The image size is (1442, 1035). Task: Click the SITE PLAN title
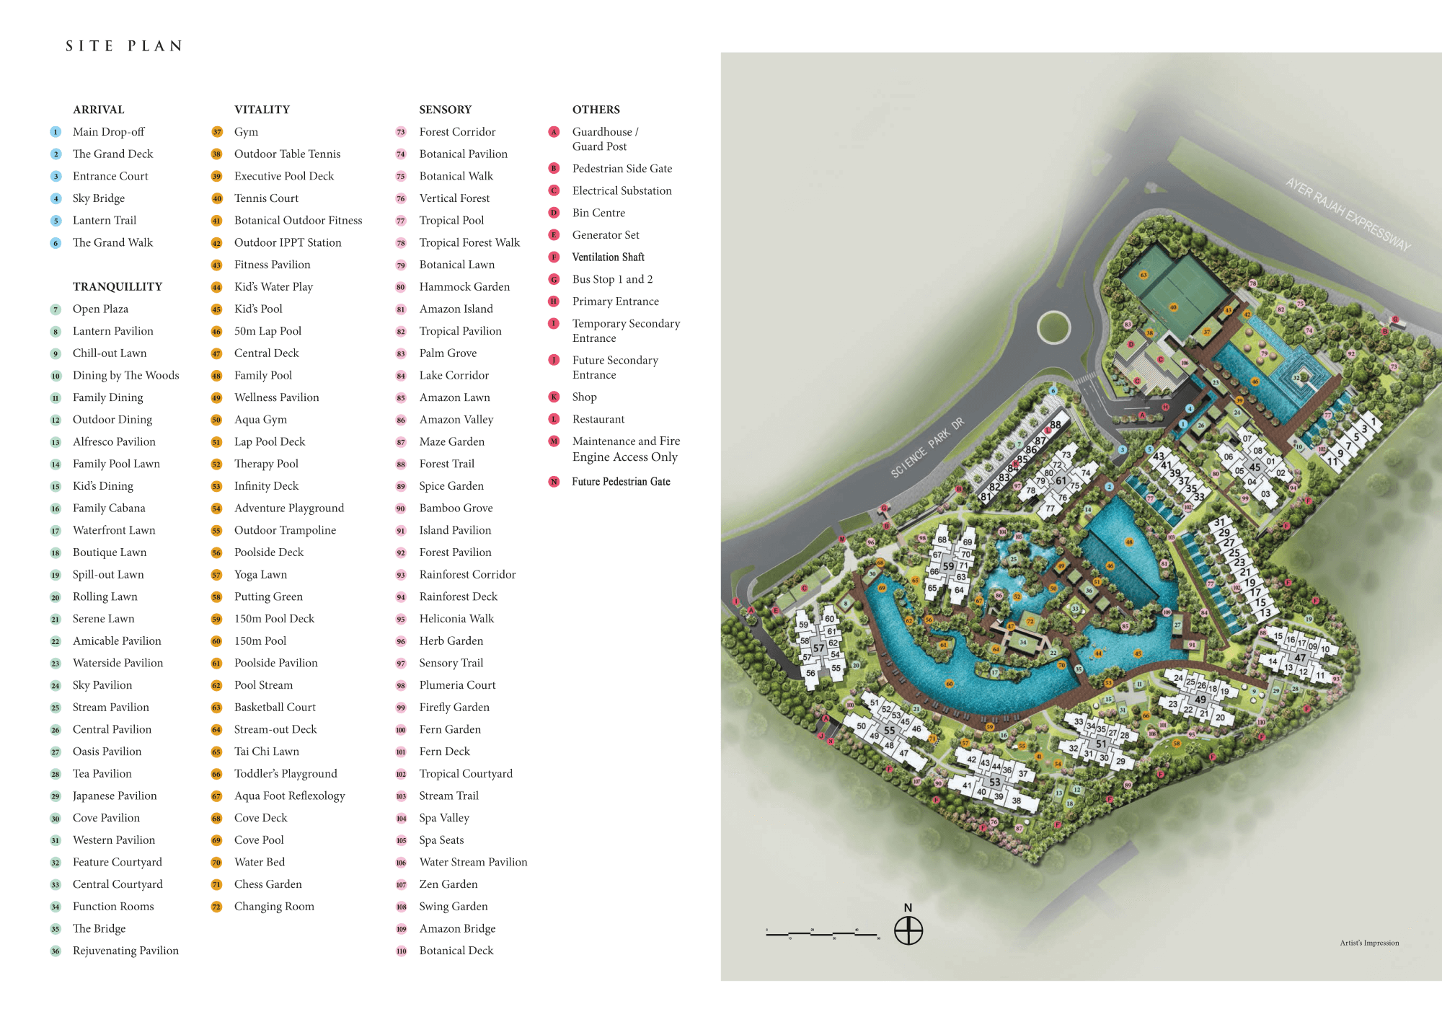(x=124, y=46)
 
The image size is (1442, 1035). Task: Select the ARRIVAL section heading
(x=99, y=110)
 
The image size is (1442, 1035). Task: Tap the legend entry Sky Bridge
(x=99, y=198)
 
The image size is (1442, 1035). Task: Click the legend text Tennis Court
(x=266, y=198)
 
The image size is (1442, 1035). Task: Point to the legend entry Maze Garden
(x=451, y=441)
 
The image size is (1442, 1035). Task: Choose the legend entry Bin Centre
(x=598, y=213)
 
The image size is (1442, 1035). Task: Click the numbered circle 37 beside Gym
(x=216, y=132)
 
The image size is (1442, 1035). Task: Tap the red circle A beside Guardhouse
(x=554, y=132)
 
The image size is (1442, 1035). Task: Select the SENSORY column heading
(x=445, y=110)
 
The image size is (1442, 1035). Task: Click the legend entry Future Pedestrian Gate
(x=621, y=482)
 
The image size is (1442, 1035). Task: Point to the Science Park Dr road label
(x=926, y=448)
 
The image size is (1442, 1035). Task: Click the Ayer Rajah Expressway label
(x=1348, y=214)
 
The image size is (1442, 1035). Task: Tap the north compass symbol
(x=908, y=930)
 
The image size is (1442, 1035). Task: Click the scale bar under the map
(x=822, y=934)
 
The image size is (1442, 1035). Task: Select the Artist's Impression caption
(x=1369, y=943)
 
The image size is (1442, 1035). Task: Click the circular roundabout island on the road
(x=1053, y=327)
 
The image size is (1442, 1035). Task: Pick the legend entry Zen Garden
(x=448, y=884)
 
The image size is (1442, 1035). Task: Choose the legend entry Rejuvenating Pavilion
(x=125, y=951)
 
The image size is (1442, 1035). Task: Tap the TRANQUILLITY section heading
(x=118, y=286)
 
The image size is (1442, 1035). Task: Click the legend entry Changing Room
(x=274, y=907)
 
